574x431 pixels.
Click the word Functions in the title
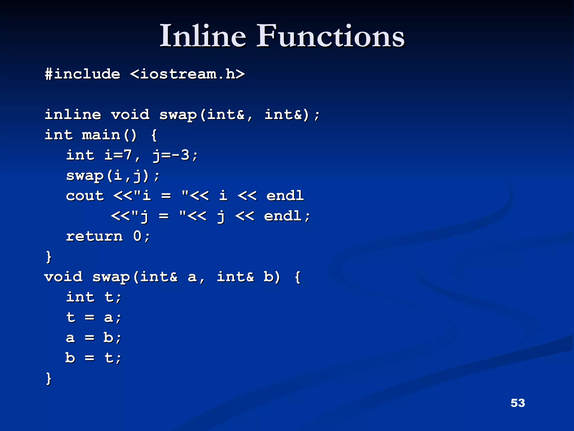[330, 36]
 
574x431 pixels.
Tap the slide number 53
[518, 403]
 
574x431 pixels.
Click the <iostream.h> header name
[188, 74]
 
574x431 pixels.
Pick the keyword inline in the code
[73, 114]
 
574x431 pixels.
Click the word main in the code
[101, 135]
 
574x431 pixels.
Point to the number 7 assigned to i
[128, 155]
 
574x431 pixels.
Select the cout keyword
[85, 196]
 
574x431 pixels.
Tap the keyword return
[94, 236]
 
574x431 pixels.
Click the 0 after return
[137, 236]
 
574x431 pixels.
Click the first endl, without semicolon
[285, 196]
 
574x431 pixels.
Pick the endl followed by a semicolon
[283, 216]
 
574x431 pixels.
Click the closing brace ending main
[49, 257]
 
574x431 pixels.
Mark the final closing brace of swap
[49, 378]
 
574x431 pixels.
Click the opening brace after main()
[154, 135]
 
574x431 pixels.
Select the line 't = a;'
[94, 318]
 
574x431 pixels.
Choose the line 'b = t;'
[94, 358]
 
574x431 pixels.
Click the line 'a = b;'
[94, 338]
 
